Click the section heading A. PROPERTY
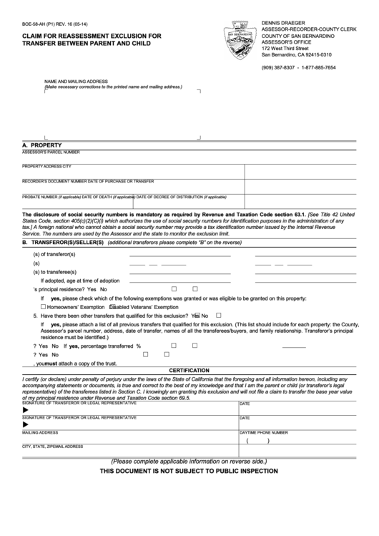coord(44,145)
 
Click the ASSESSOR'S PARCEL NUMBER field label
coord(51,152)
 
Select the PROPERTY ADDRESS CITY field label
coord(48,166)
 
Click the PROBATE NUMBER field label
coord(39,196)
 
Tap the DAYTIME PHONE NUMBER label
coord(263,433)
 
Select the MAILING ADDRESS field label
coord(40,433)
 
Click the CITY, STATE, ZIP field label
coord(53,447)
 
